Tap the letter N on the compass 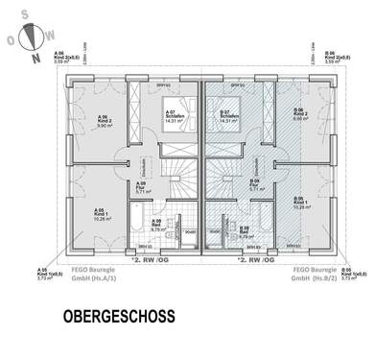(35, 58)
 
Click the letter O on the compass (11, 42)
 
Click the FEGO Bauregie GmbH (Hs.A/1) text (92, 275)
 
